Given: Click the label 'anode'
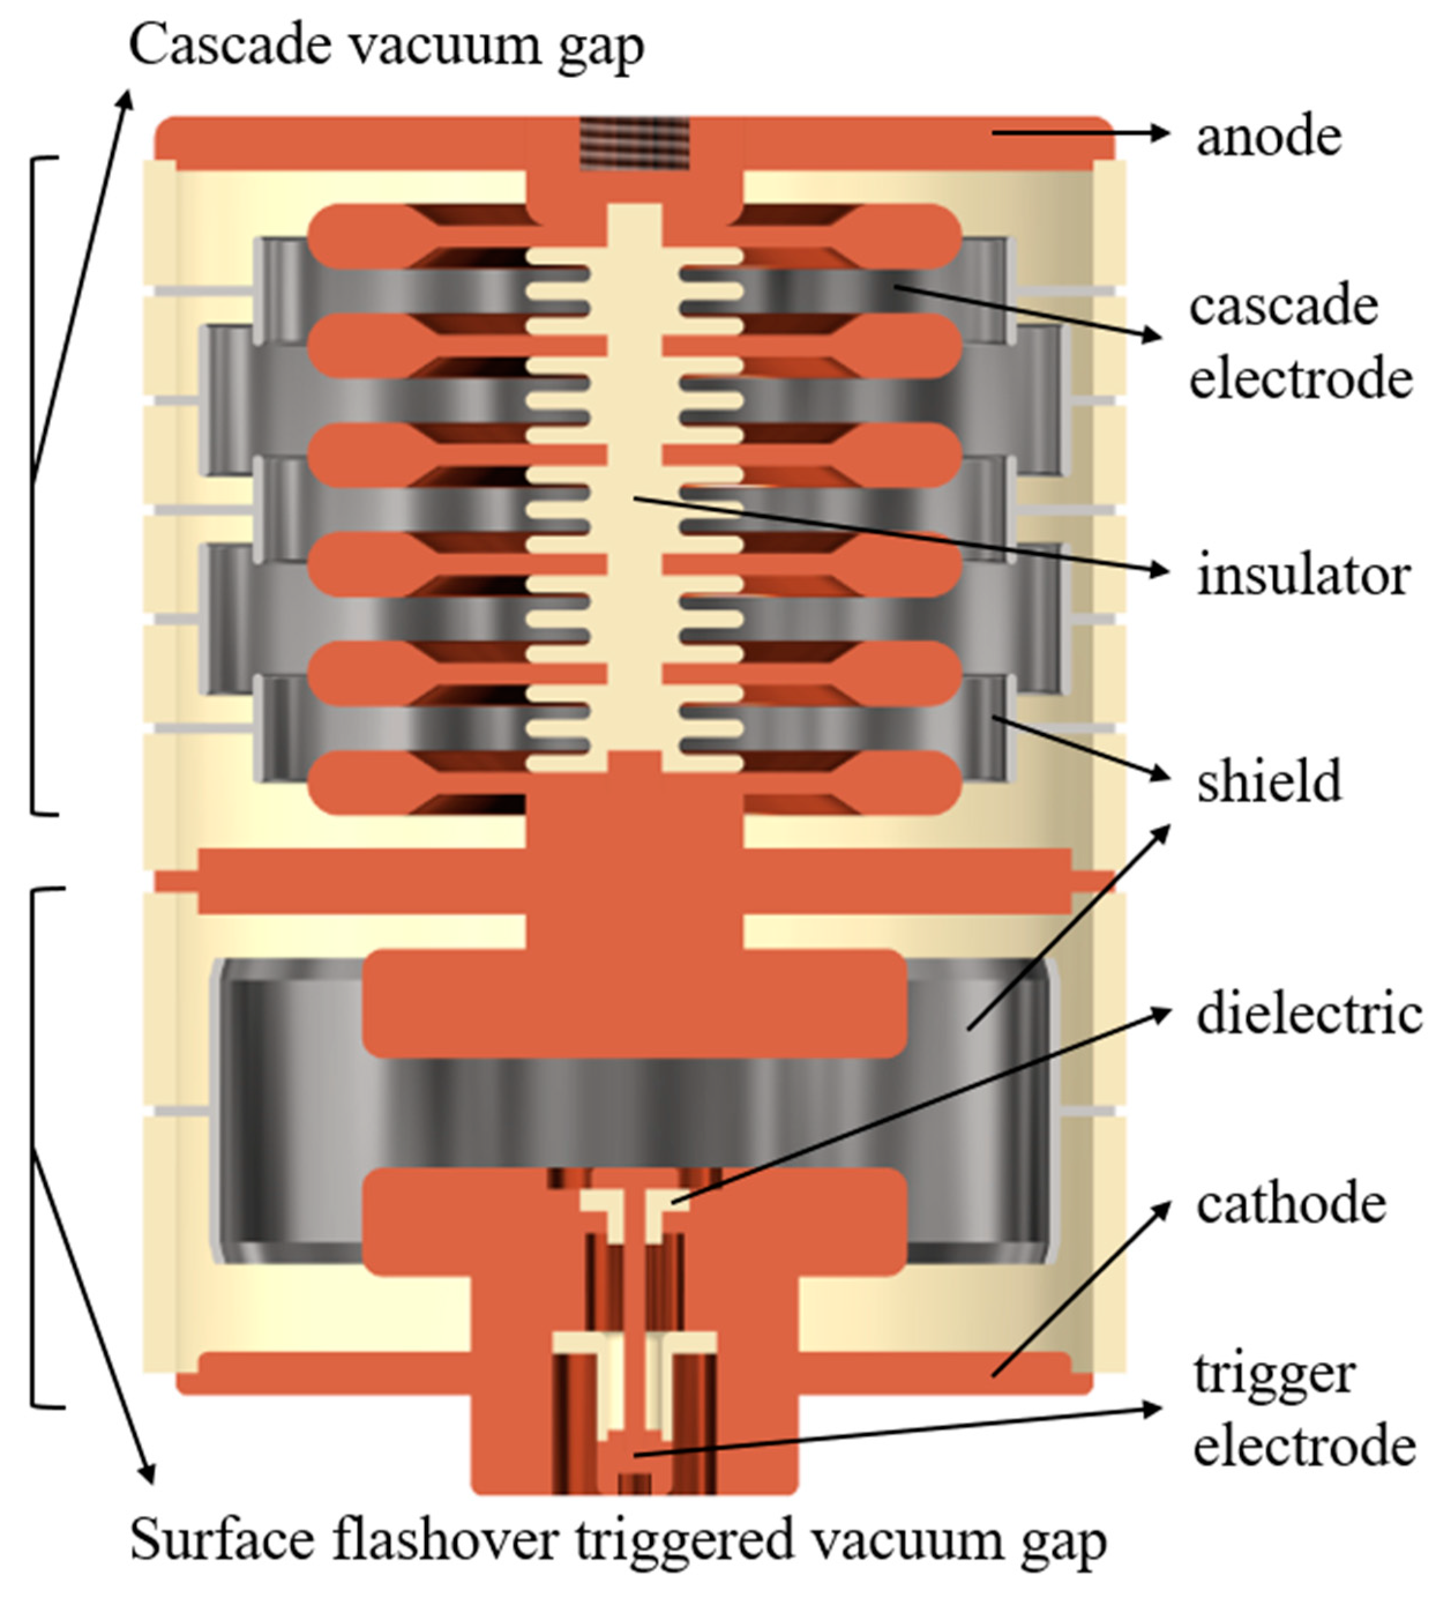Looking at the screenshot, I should click(x=1269, y=137).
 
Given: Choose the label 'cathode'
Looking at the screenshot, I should click(x=1291, y=1205).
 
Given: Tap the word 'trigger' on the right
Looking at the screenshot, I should click(x=1273, y=1374).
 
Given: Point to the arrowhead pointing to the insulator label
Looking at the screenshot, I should click(x=1161, y=570).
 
